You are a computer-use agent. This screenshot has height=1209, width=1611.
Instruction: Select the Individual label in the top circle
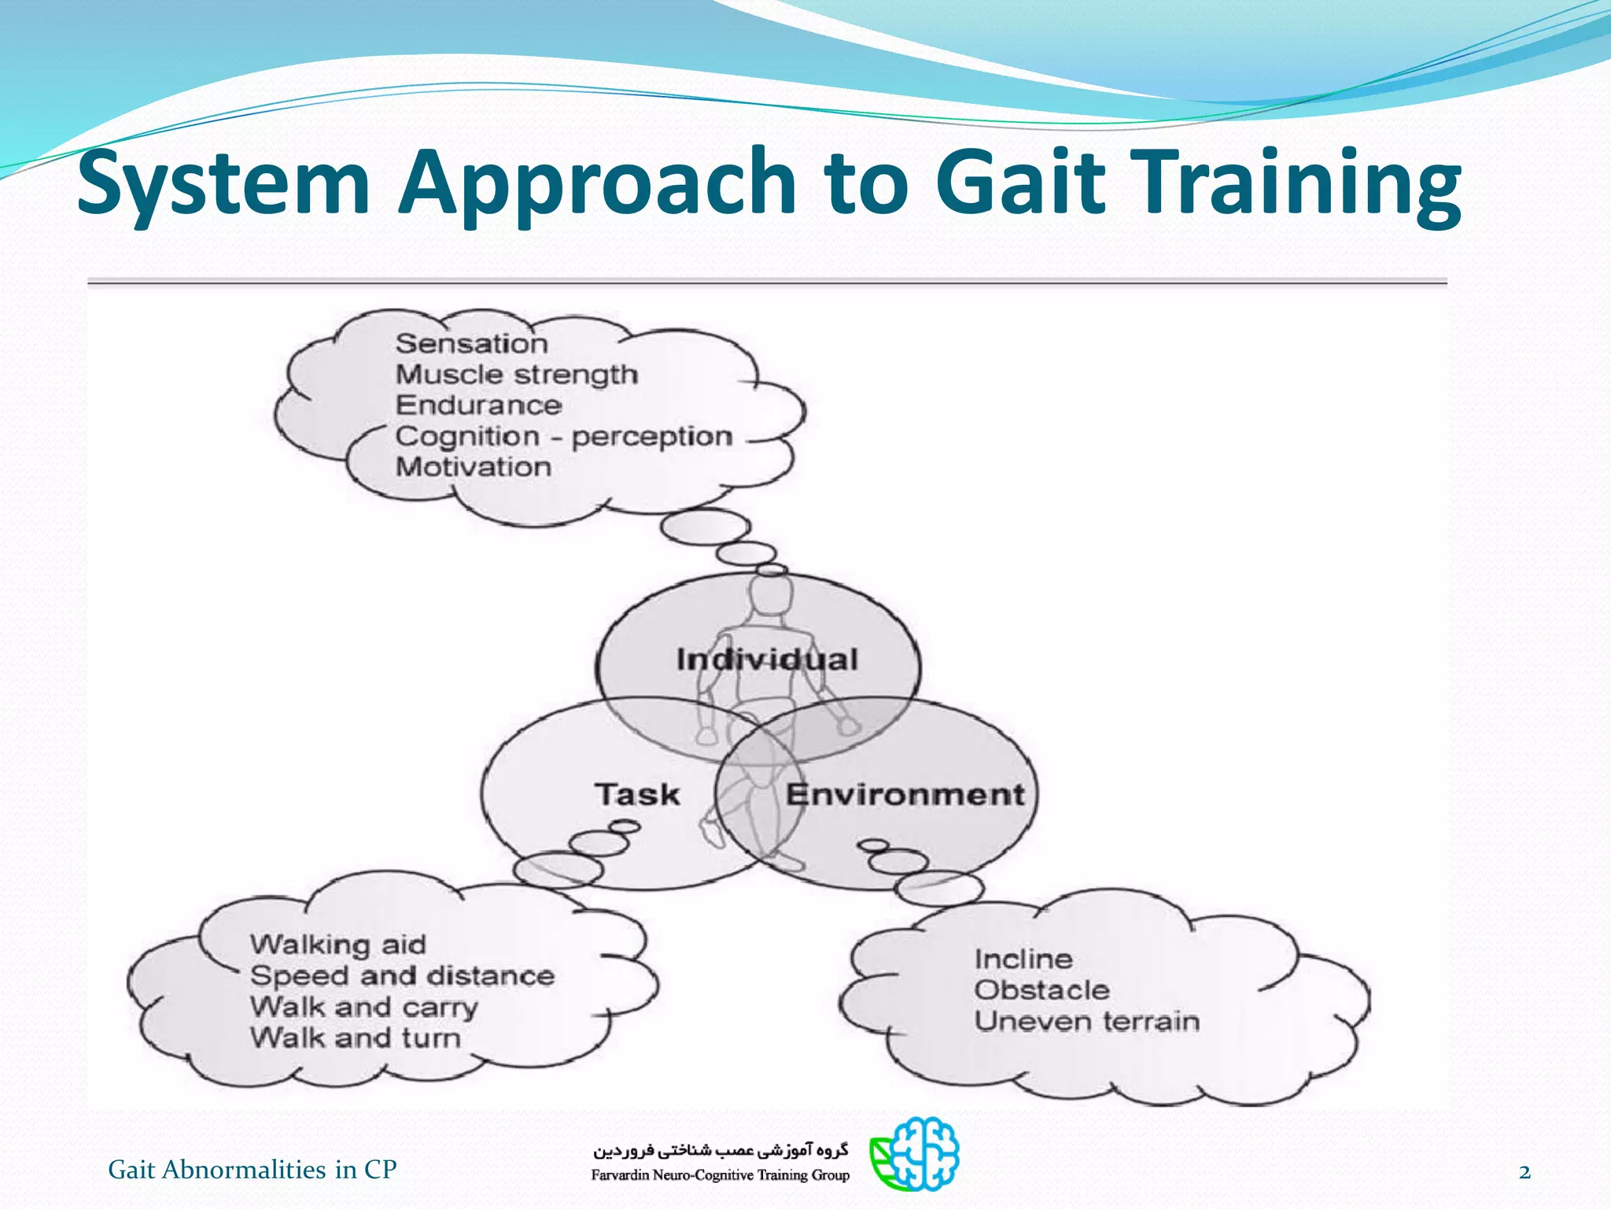click(767, 660)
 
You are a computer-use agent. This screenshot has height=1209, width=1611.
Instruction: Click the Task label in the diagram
click(637, 794)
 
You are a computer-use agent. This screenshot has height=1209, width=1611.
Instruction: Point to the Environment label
click(905, 795)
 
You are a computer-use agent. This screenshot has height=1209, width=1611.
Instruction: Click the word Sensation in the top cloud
click(471, 344)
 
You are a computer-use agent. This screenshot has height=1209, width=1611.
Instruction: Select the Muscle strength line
click(516, 375)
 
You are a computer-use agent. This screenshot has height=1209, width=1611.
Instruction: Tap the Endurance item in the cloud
click(478, 405)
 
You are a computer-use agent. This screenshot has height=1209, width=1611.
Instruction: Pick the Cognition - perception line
click(563, 437)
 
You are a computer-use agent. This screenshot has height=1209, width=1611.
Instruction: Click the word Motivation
click(473, 467)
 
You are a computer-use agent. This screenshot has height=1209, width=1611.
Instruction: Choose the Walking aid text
click(337, 945)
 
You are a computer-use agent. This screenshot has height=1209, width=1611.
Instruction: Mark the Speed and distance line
click(402, 976)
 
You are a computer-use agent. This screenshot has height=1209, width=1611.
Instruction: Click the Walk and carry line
click(363, 1007)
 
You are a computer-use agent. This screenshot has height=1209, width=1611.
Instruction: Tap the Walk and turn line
click(355, 1038)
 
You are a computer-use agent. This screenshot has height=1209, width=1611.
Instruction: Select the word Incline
click(1023, 959)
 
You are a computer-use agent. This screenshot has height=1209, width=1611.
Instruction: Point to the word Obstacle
click(1041, 990)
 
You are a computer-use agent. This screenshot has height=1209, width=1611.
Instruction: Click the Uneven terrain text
click(1086, 1022)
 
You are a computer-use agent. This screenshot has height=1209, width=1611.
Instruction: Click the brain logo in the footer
click(916, 1153)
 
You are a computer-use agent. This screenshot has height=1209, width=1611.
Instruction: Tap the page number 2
click(1524, 1173)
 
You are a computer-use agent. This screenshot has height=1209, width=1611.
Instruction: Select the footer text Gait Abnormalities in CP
click(252, 1170)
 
